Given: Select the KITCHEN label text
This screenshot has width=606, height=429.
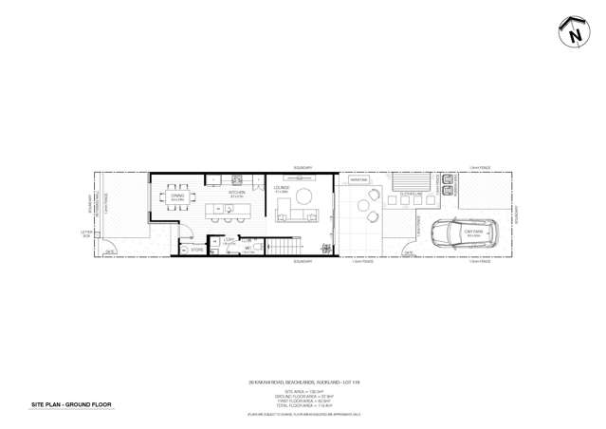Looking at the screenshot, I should (237, 193).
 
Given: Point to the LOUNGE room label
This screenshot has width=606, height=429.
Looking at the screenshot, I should (281, 189).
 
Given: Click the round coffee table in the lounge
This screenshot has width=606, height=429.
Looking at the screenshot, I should (304, 196).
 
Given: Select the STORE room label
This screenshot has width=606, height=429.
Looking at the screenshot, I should (195, 251).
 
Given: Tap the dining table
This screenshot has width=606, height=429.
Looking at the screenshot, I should (176, 203).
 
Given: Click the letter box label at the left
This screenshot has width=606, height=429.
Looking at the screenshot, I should (86, 233).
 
